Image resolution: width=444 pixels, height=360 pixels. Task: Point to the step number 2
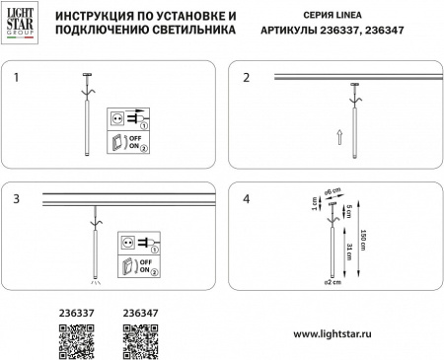[247, 76]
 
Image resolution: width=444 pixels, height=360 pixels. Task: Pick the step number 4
[247, 198]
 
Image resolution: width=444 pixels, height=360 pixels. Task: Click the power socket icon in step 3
[127, 240]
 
